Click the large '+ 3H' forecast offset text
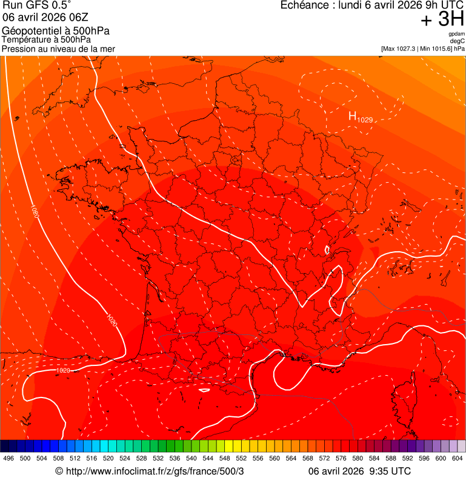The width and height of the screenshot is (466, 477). (442, 19)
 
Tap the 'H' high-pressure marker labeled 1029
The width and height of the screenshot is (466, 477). (352, 116)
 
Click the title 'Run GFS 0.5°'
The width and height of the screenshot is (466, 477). (36, 5)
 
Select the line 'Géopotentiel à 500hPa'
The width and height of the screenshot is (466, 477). (56, 31)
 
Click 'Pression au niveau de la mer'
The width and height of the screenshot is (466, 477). (58, 49)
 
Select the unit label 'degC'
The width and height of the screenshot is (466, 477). (457, 41)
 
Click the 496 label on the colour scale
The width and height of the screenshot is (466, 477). (8, 458)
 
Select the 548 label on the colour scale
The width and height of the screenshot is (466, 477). (225, 458)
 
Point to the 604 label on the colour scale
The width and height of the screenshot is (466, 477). (458, 458)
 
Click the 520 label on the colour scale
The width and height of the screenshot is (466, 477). (108, 458)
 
